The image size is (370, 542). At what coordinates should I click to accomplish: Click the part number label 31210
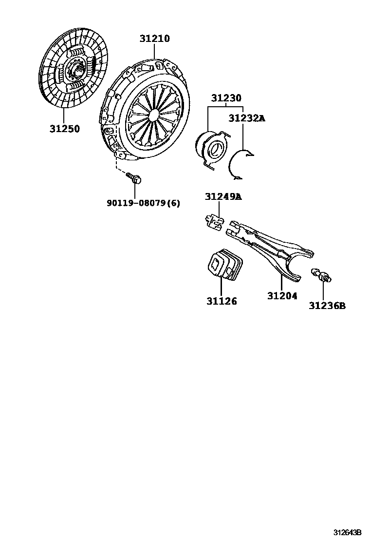[155, 39]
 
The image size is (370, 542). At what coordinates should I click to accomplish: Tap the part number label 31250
[64, 129]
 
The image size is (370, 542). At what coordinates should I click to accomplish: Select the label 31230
[226, 98]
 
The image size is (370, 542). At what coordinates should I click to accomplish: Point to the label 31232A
[247, 118]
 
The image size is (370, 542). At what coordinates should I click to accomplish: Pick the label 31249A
[222, 197]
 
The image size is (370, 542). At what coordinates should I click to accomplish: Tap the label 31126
[221, 301]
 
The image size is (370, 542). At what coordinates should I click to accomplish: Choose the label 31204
[282, 295]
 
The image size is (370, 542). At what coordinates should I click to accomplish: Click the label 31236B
[327, 306]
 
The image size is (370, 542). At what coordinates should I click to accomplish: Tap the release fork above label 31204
[273, 249]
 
